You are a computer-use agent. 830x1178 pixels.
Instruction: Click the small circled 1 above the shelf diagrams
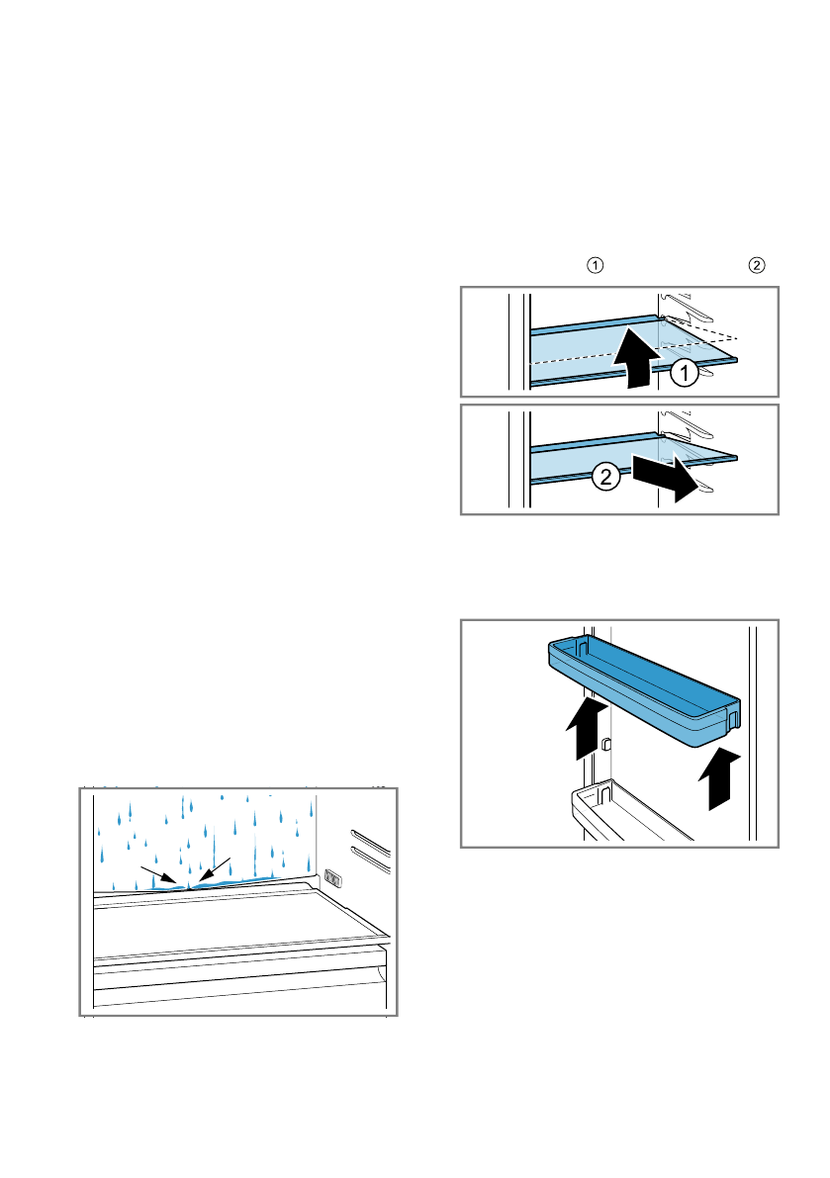coord(595,265)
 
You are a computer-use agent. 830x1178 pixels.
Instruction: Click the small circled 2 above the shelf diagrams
coord(756,265)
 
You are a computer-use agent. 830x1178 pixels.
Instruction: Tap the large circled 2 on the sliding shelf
coord(606,478)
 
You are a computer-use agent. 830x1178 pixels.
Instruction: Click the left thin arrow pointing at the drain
coord(159,876)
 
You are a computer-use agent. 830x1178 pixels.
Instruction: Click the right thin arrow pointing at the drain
coord(214,866)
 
